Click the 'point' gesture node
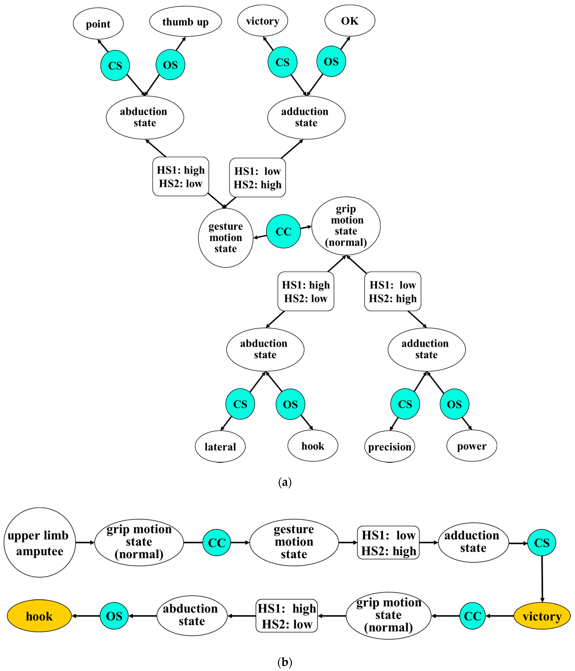point(98,24)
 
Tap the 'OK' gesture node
point(350,21)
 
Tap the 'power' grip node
point(471,446)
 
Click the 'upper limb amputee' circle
point(39,542)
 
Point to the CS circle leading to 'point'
point(115,65)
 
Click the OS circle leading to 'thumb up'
point(170,65)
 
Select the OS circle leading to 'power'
point(454,404)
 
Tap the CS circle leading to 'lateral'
point(240,404)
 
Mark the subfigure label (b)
point(285,662)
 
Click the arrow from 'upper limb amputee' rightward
point(85,542)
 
